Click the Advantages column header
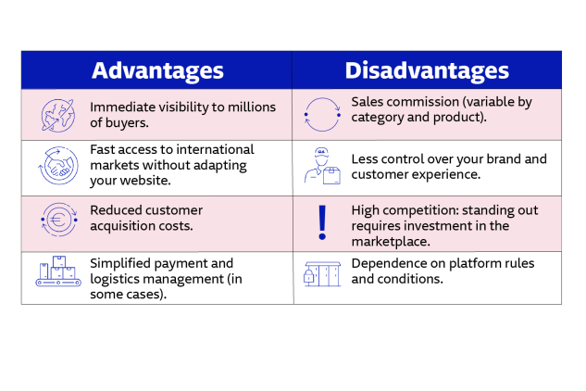pyautogui.click(x=157, y=70)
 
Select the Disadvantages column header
pyautogui.click(x=427, y=70)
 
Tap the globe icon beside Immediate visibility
pyautogui.click(x=56, y=115)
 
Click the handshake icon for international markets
pyautogui.click(x=56, y=167)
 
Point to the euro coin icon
pyautogui.click(x=58, y=221)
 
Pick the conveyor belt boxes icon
pyautogui.click(x=58, y=271)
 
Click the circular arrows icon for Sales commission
pyautogui.click(x=322, y=115)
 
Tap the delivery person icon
pyautogui.click(x=322, y=166)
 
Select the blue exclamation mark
pyautogui.click(x=322, y=222)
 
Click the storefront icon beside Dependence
pyautogui.click(x=322, y=272)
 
